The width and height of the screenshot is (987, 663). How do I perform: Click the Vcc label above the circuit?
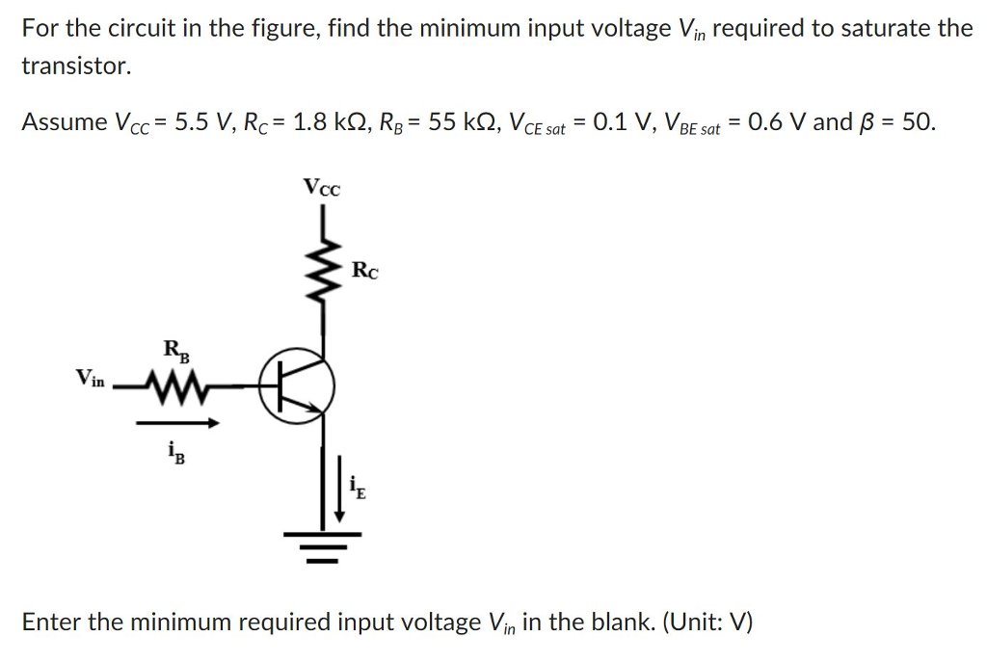coord(321,186)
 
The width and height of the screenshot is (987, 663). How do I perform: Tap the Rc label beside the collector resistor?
coord(364,271)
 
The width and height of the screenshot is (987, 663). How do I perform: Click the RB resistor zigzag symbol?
coord(175,389)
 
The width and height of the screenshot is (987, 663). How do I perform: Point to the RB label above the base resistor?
coord(176,351)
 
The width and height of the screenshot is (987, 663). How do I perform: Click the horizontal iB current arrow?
coord(177,422)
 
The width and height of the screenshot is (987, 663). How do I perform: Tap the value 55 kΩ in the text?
coord(462,122)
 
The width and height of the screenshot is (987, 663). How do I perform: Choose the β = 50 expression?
coord(897,122)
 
